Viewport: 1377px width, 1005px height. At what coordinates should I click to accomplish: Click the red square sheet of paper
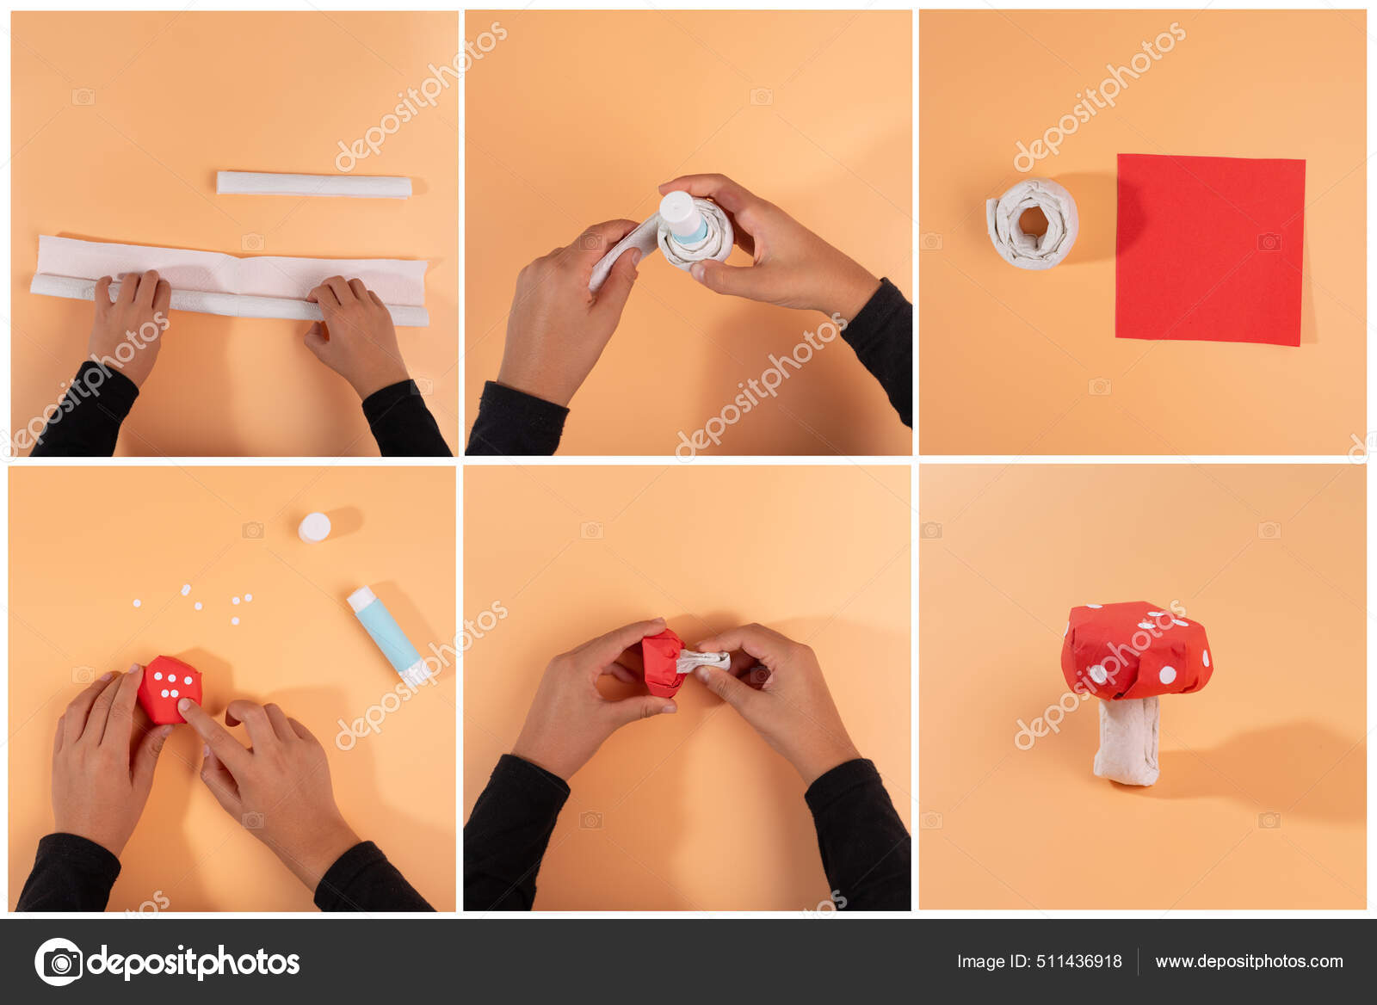1209,250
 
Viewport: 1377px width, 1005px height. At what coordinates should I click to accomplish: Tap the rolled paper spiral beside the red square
1032,224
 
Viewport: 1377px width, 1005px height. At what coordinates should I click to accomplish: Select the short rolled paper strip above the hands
314,184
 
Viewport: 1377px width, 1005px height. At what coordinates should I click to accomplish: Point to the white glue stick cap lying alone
315,527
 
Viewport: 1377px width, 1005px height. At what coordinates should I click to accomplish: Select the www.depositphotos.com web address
1249,961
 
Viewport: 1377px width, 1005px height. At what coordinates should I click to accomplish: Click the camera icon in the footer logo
59,961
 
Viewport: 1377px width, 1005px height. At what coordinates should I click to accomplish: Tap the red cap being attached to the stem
662,661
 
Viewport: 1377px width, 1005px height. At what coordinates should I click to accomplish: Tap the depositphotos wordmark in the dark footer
194,961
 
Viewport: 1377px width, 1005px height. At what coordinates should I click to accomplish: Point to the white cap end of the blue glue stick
361,598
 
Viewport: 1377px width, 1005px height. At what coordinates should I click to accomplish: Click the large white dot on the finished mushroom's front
1167,675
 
